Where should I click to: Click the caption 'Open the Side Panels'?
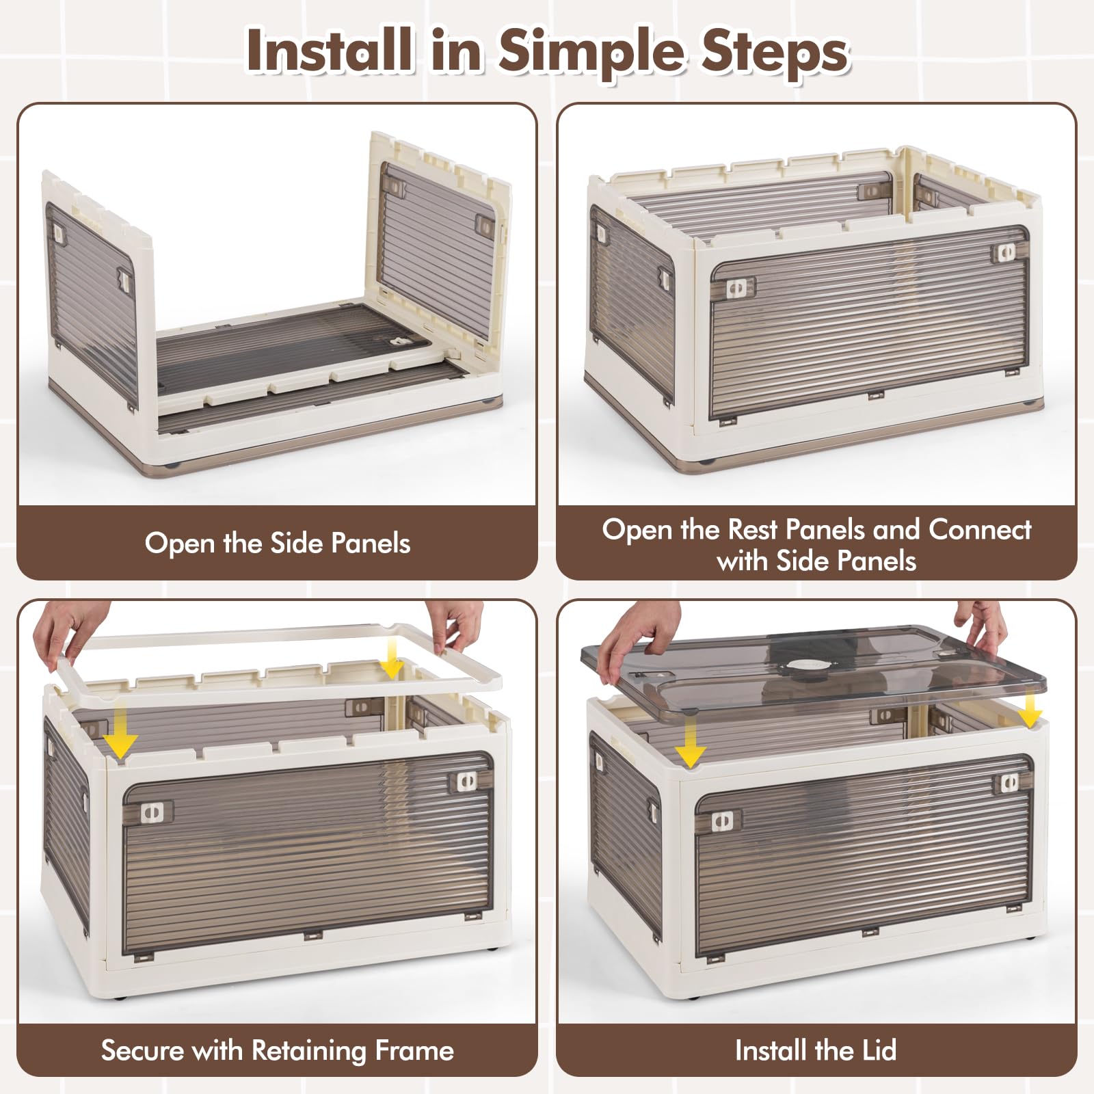click(278, 543)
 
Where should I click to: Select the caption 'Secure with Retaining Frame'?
click(278, 1050)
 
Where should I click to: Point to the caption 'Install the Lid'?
click(816, 1050)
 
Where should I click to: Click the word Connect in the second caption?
click(980, 529)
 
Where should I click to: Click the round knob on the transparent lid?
click(803, 665)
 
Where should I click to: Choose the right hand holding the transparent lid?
click(981, 625)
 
